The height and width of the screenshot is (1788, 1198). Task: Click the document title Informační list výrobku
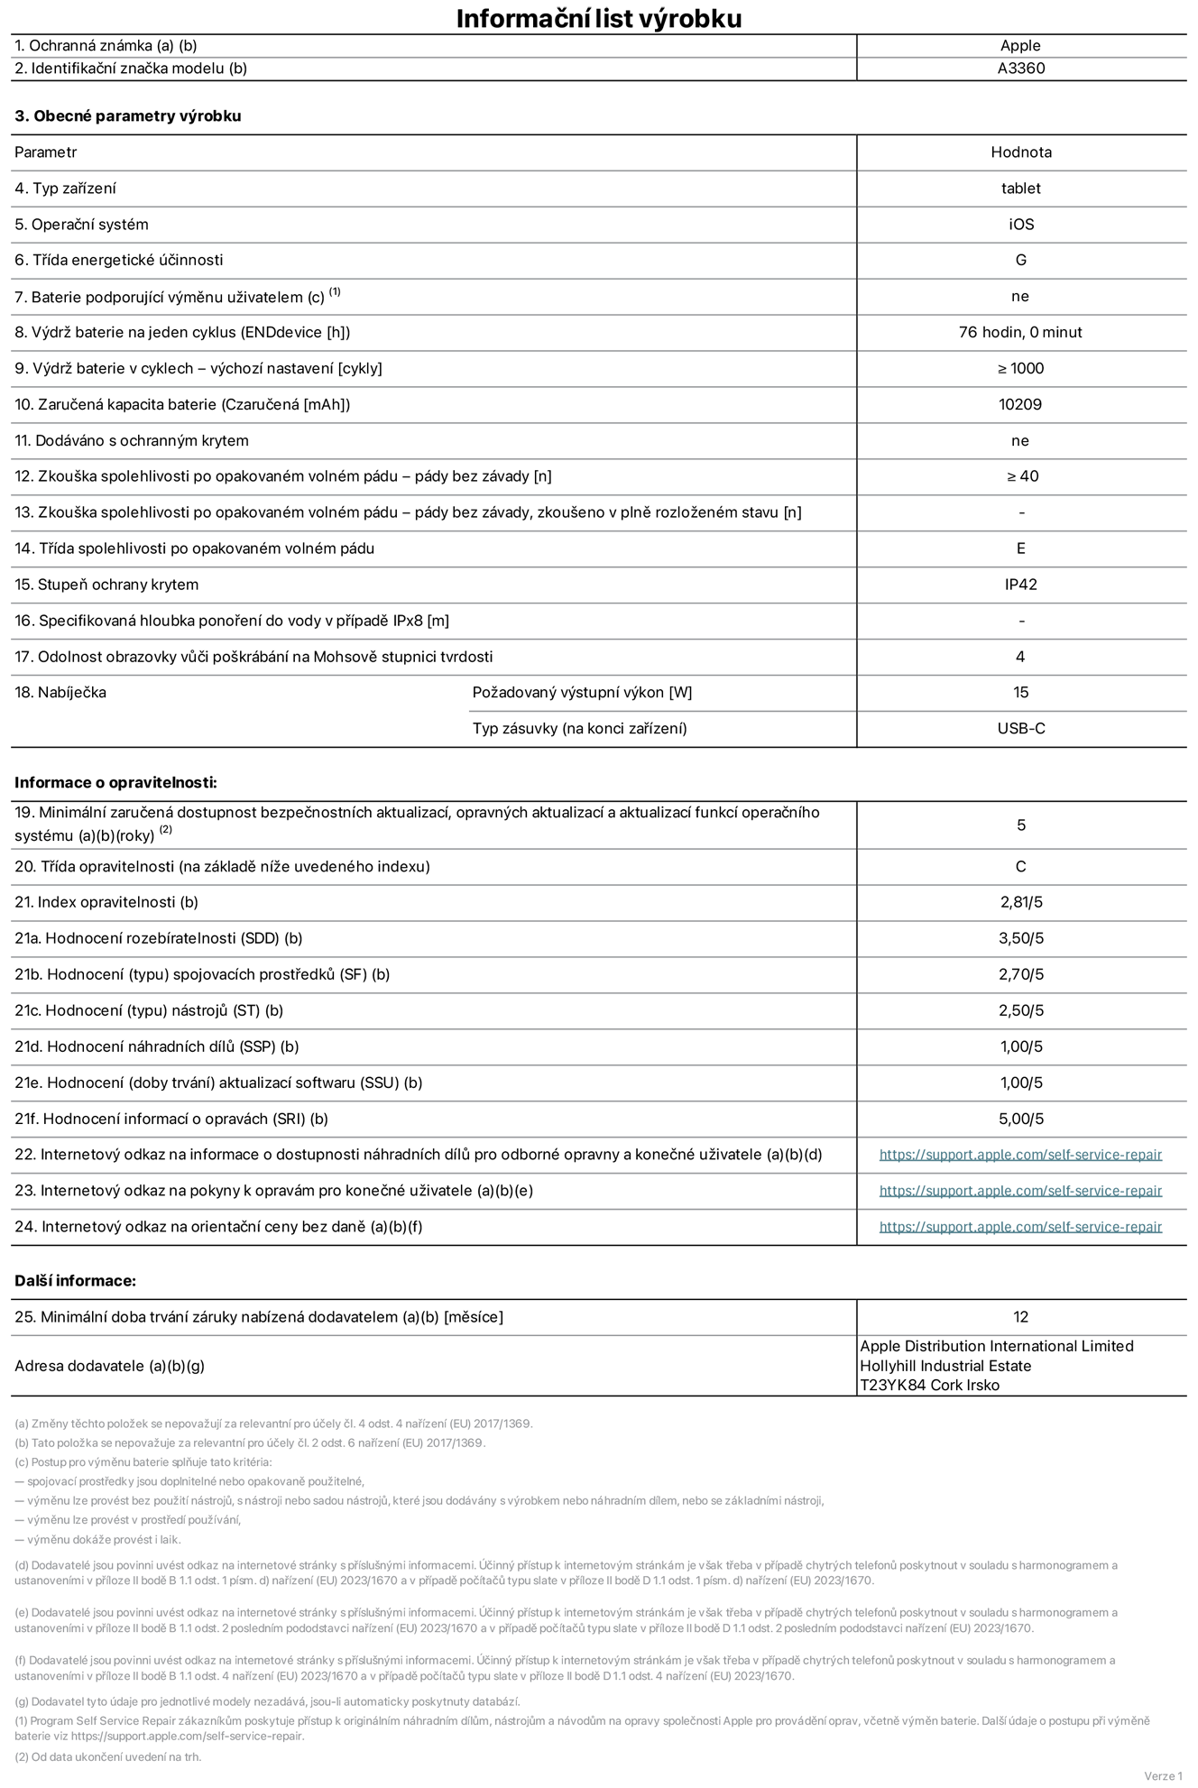(x=598, y=18)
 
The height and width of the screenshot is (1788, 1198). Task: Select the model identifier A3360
(x=1020, y=69)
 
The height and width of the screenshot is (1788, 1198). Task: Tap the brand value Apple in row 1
(x=1020, y=46)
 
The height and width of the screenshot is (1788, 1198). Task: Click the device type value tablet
(x=1020, y=189)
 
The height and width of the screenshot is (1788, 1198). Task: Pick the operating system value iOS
(x=1020, y=225)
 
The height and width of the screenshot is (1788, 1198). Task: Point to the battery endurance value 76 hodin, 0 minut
(x=1020, y=333)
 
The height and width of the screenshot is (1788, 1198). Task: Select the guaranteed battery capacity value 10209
(x=1020, y=405)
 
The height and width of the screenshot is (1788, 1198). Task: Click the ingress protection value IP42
(x=1020, y=585)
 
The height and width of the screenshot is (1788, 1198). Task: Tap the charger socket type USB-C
(x=1020, y=729)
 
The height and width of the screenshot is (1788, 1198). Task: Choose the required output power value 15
(x=1020, y=693)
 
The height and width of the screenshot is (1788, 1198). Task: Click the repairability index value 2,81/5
(x=1020, y=902)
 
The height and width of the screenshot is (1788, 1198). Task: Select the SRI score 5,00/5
(x=1020, y=1119)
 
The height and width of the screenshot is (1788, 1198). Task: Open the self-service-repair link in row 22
(x=1020, y=1155)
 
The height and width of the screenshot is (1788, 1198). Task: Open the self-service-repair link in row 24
(x=1020, y=1227)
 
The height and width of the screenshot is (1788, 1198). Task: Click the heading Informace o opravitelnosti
(x=115, y=783)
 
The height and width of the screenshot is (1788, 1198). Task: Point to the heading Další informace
(x=75, y=1281)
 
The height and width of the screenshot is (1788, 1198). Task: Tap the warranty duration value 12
(x=1020, y=1317)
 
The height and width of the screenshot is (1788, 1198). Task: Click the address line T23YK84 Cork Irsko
(x=929, y=1386)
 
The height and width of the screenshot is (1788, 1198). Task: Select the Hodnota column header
(x=1020, y=152)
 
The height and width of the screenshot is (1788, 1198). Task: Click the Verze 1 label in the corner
(x=1162, y=1776)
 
